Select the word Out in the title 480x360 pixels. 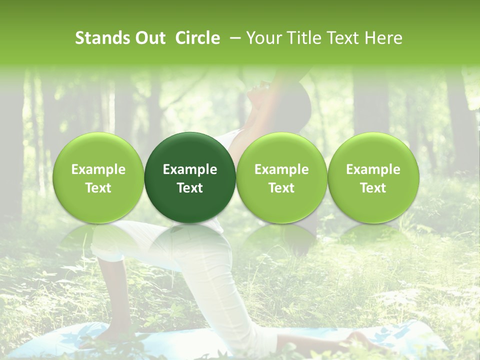coord(149,38)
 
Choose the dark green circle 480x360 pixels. coord(190,177)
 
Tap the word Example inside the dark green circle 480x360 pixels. coord(190,169)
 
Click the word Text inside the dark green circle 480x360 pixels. coord(190,188)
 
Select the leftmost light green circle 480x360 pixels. coord(98,177)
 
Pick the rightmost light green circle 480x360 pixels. coord(373,177)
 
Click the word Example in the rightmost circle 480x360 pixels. coord(373,169)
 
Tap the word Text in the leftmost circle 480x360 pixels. coord(98,188)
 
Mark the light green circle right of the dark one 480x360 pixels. coord(281,177)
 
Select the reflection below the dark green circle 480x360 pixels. coord(190,240)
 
